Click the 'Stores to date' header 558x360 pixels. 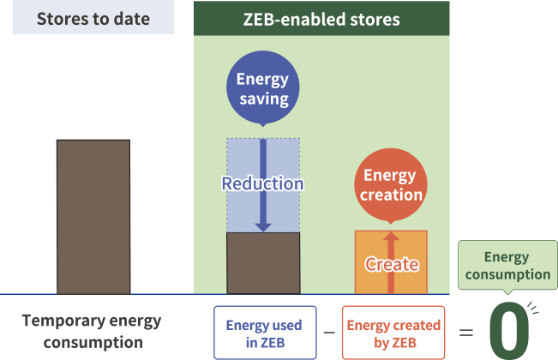coord(93,17)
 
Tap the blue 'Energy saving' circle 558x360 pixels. coord(262,90)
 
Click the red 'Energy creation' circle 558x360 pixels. coord(390,185)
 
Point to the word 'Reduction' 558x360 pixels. coord(262,183)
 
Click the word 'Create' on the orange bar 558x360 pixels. coord(391,264)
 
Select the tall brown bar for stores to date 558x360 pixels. coord(93,216)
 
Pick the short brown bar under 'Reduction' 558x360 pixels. coord(263,263)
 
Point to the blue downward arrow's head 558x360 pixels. coord(263,226)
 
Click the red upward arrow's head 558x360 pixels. coord(391,237)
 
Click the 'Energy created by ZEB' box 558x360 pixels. coord(393,333)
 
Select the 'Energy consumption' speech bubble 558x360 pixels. coord(507,265)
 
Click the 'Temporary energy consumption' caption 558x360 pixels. coord(91,331)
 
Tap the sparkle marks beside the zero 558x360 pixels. coord(534,307)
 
